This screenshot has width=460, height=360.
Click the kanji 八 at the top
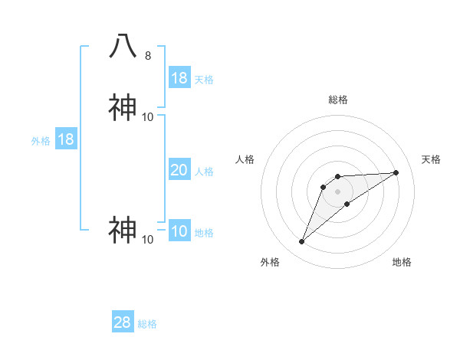click(123, 47)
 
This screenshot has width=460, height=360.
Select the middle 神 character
click(123, 108)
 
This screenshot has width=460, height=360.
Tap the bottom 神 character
click(123, 230)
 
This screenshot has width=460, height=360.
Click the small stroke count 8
click(148, 56)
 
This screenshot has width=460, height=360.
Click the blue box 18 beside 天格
click(179, 78)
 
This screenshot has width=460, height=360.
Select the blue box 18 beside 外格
click(66, 139)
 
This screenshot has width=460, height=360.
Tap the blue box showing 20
click(179, 170)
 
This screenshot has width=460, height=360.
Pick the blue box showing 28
click(123, 322)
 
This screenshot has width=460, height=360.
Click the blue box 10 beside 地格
click(179, 231)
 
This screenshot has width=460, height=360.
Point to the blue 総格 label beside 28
click(147, 324)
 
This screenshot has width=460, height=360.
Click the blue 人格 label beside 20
click(205, 172)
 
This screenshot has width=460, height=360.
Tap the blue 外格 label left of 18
click(41, 141)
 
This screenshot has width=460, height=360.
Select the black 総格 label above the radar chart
click(338, 100)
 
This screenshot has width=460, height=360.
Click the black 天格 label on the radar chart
click(431, 159)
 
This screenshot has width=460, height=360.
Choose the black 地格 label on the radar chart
click(402, 262)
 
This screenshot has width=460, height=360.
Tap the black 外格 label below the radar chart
click(270, 262)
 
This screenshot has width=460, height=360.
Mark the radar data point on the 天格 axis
click(396, 172)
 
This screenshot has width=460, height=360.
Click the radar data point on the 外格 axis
click(302, 242)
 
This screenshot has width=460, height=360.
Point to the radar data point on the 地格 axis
click(347, 203)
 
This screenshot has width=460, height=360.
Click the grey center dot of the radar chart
click(338, 191)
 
